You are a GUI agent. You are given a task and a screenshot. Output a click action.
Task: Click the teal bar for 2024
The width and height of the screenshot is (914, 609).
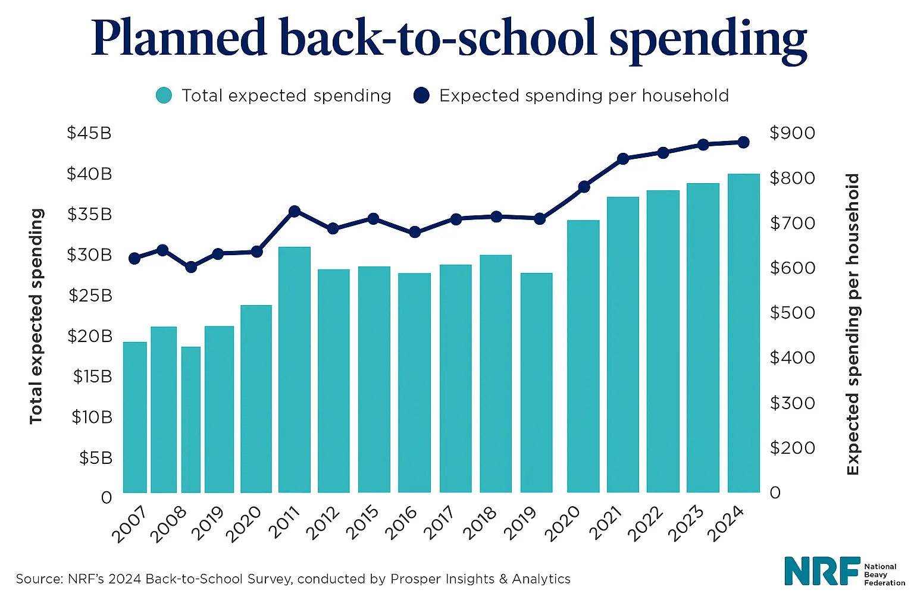point(743,333)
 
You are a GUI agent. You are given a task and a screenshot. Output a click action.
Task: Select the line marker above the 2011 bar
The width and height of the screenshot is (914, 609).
point(294,211)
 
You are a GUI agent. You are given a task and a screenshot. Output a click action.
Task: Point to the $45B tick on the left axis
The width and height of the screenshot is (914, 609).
point(89,133)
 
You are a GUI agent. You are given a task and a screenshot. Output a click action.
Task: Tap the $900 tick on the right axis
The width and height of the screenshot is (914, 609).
point(792,133)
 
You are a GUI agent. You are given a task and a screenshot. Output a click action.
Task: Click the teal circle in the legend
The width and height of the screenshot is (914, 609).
point(164,95)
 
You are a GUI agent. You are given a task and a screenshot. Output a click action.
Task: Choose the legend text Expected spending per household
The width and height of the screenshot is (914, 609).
point(584,96)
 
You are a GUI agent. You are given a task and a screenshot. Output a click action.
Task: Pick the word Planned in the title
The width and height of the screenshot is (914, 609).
point(179,39)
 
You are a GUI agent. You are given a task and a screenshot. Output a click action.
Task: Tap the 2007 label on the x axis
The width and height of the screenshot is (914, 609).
point(129,525)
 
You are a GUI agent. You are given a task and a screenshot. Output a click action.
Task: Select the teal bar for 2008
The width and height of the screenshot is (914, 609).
point(191,419)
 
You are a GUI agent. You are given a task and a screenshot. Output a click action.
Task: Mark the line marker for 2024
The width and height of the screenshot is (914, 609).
point(743,142)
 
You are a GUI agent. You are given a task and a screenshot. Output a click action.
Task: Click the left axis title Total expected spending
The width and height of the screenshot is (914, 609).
point(37,316)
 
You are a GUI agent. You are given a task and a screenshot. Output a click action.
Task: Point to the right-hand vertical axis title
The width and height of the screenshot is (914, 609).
point(853,324)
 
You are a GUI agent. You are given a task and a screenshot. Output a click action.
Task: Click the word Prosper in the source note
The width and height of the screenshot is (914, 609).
point(412,579)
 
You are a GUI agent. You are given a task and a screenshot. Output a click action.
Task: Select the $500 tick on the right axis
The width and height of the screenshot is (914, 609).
point(792,313)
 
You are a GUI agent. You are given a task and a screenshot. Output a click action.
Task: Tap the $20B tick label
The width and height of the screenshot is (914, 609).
point(89,336)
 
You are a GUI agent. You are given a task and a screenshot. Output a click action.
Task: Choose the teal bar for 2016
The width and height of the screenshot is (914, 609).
point(414,382)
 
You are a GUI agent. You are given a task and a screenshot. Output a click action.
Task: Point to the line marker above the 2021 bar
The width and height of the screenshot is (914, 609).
point(623,159)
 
